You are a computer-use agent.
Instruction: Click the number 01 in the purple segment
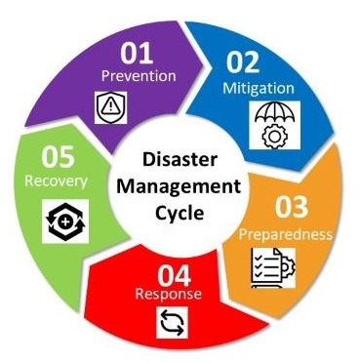click(x=137, y=54)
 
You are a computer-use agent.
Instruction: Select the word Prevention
click(x=139, y=76)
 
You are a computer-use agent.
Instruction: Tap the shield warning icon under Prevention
click(x=111, y=107)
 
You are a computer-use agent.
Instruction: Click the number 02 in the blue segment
click(x=243, y=62)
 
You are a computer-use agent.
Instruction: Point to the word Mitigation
click(x=259, y=89)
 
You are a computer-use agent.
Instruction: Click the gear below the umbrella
click(x=275, y=137)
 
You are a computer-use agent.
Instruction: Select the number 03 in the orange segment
click(x=292, y=207)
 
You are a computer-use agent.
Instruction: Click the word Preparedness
click(x=286, y=234)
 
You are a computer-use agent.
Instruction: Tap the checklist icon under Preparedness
click(x=273, y=267)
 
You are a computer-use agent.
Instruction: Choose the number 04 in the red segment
click(x=175, y=275)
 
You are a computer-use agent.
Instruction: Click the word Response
click(x=169, y=294)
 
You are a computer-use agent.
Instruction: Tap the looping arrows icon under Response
click(x=173, y=322)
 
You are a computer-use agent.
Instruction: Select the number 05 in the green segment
click(x=58, y=156)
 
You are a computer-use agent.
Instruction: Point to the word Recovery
click(x=56, y=181)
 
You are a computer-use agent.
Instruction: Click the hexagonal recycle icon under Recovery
click(x=65, y=222)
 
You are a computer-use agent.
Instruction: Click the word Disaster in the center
click(x=180, y=160)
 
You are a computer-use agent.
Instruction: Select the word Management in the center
click(x=179, y=186)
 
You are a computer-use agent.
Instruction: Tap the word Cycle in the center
click(x=180, y=214)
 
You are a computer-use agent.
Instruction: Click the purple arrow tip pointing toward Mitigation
click(x=203, y=65)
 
